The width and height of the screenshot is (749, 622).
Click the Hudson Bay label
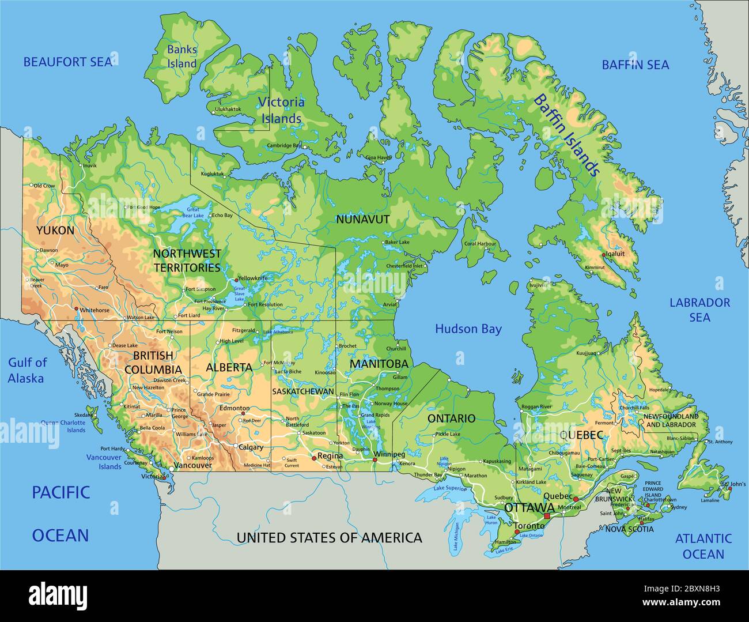[468, 329]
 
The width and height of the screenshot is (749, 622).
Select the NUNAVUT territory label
[362, 220]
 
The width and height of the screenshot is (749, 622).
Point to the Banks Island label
[181, 56]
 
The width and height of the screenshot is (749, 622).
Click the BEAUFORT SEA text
[67, 62]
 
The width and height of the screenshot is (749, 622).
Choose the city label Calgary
[251, 447]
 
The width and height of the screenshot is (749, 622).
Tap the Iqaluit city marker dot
[603, 254]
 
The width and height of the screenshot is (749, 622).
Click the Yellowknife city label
[254, 278]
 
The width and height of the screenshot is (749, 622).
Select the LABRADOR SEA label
[699, 310]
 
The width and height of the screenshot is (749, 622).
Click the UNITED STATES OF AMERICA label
[329, 538]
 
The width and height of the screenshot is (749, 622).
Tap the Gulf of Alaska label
[27, 370]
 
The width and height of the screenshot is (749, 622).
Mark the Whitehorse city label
[94, 310]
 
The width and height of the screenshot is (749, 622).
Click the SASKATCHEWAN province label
[303, 391]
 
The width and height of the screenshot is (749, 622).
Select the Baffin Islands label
[566, 134]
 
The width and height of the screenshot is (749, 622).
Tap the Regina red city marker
[313, 458]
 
